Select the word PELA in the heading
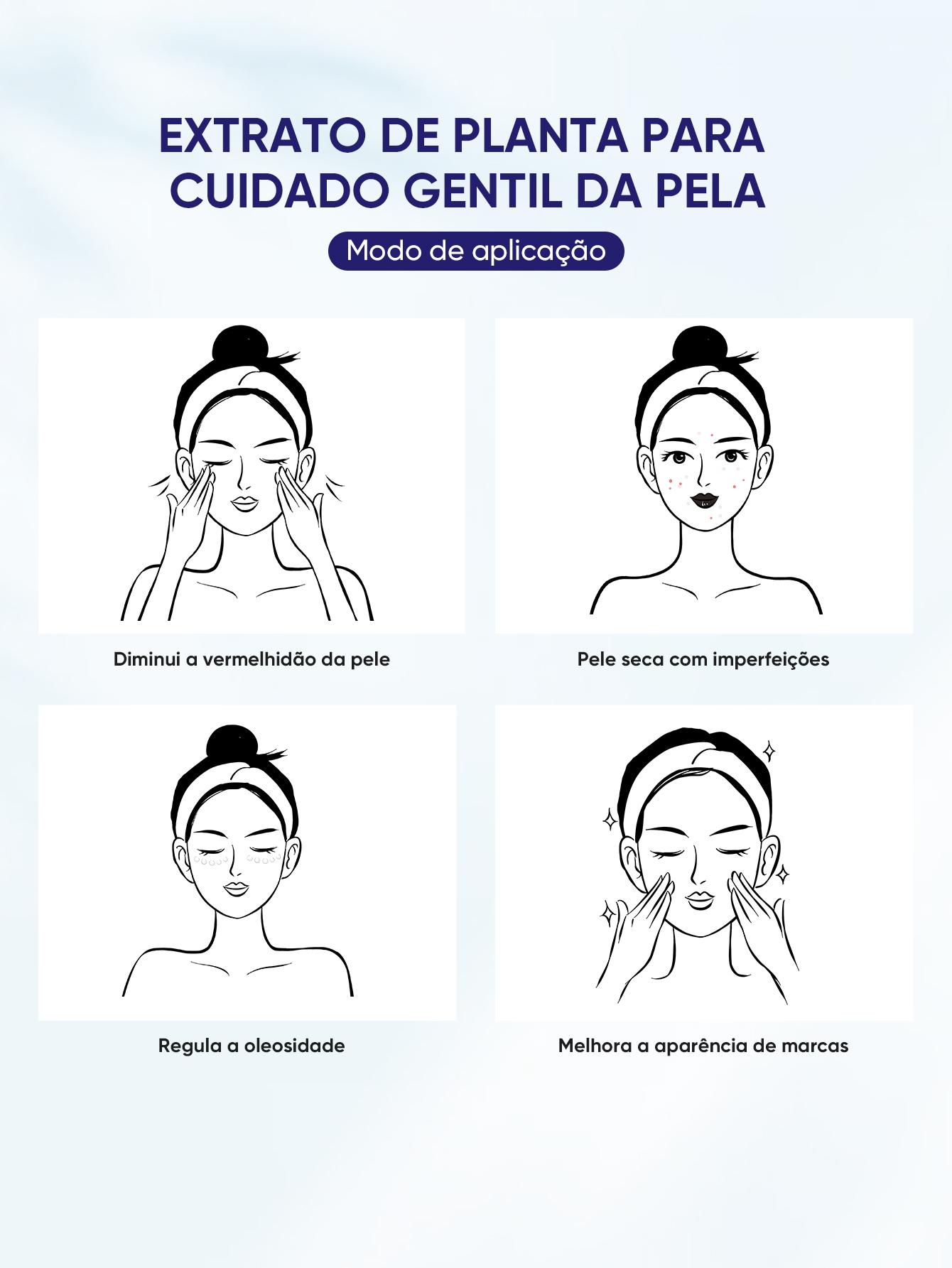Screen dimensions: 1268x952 [x=710, y=191]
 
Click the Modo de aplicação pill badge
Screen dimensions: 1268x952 [x=476, y=251]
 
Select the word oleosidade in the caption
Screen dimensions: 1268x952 [x=294, y=1046]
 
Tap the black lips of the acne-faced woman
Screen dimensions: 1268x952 [x=704, y=501]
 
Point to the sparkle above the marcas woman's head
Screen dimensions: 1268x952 [x=769, y=751]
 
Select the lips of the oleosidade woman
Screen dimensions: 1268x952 [x=236, y=888]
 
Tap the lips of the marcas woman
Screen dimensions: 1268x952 [x=700, y=899]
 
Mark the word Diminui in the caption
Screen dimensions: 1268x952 [x=146, y=659]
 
